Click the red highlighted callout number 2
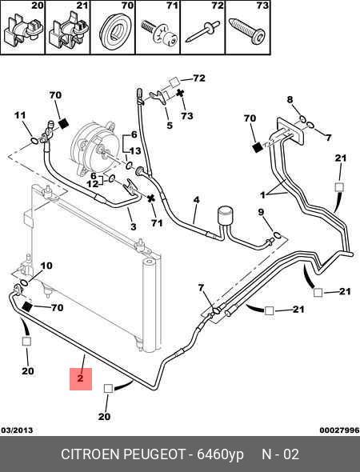[x=80, y=378]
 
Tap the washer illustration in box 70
[x=114, y=32]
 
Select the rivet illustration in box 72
[x=202, y=32]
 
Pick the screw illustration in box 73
[x=246, y=31]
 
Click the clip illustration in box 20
[x=23, y=30]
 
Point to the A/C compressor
[x=94, y=149]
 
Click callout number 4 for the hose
[x=196, y=200]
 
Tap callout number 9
[x=261, y=212]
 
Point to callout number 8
[x=290, y=99]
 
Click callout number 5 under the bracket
[x=170, y=126]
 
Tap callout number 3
[x=134, y=226]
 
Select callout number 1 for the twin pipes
[x=262, y=195]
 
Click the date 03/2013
[x=17, y=430]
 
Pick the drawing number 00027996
[x=339, y=430]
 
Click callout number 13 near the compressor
[x=135, y=150]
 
